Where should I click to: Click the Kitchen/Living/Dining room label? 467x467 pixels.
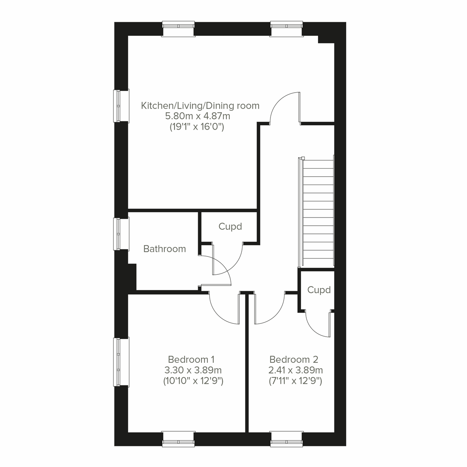coord(200,105)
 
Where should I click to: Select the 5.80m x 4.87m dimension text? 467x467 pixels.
coord(198,116)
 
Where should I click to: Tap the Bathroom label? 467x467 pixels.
coord(165,249)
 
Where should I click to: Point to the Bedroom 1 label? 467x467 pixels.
coord(191,359)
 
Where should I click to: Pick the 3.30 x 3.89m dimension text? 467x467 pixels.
coord(193,370)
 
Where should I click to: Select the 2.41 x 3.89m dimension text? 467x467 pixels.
coord(296,370)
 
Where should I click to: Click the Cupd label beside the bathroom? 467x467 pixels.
coord(230,226)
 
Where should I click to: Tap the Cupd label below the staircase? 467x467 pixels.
coord(319,290)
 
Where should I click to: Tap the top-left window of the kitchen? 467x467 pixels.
coord(178,29)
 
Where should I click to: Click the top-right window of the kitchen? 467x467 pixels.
coord(286,29)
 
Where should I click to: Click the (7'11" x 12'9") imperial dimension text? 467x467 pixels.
coord(296,381)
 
